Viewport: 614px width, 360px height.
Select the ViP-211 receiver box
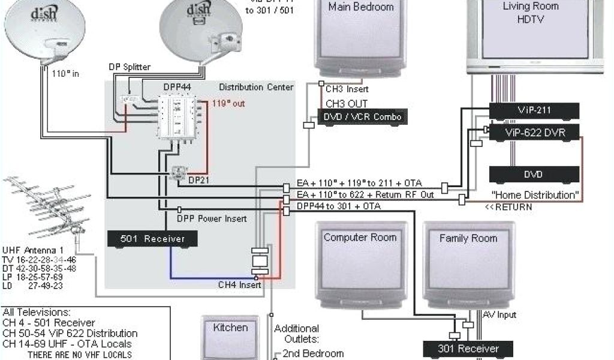click(534, 111)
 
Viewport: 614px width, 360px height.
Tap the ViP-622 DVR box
click(534, 133)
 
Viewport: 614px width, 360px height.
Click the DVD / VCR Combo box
click(363, 116)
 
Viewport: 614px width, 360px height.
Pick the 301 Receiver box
click(468, 348)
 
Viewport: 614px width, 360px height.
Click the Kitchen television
click(230, 339)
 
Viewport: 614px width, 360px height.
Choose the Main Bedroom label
click(361, 7)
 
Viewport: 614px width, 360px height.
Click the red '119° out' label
click(228, 103)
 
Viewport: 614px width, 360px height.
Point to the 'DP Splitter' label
click(130, 67)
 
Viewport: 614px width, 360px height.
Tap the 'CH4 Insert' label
click(239, 285)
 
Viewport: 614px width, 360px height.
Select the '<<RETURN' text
click(508, 207)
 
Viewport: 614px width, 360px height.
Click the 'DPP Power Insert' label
click(212, 218)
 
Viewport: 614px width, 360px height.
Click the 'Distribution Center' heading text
click(256, 87)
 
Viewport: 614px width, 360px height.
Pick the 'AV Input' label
click(499, 315)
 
